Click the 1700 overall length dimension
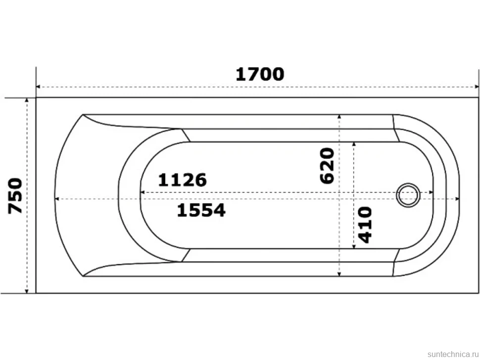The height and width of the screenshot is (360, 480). [260, 74]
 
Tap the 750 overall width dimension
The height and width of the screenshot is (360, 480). [15, 196]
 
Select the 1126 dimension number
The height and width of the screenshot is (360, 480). [183, 180]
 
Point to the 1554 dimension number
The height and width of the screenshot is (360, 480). [201, 210]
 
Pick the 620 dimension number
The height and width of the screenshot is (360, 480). [327, 166]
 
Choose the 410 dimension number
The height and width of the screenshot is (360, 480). [365, 225]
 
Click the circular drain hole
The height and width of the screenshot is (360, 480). [408, 195]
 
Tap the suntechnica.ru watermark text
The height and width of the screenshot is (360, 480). [453, 354]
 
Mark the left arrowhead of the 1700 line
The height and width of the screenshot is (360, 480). [38, 87]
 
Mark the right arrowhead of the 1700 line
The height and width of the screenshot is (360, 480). [477, 87]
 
